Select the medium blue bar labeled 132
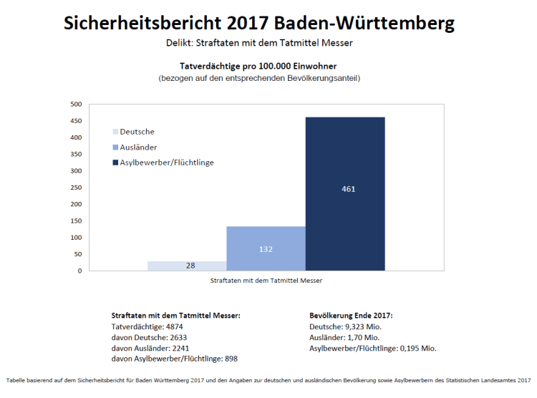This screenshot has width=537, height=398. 266,248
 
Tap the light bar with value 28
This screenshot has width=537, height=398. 187,266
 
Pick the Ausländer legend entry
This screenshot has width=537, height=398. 135,147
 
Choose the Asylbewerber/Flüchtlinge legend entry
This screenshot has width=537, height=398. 163,162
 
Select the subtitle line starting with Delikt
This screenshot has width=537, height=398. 258,43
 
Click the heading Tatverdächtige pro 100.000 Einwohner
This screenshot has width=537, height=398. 258,66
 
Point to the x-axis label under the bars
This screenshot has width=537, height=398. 266,281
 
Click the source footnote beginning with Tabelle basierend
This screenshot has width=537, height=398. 268,380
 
